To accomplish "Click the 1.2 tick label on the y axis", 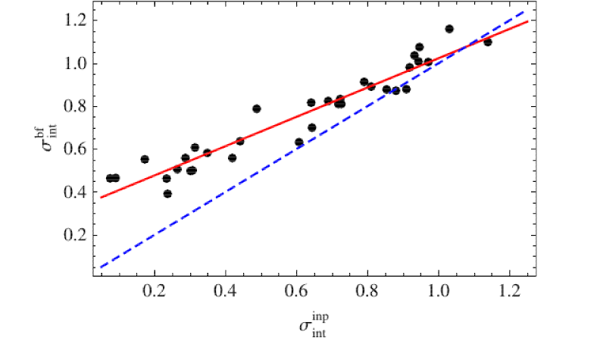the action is (76, 20).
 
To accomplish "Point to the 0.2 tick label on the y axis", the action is (76, 235).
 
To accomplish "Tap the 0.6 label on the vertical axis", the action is (76, 149).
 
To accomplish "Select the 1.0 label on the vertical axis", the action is (76, 64).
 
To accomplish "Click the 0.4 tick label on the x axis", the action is (226, 291).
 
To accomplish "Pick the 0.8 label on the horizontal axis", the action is (367, 291).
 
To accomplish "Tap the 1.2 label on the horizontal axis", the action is (510, 291).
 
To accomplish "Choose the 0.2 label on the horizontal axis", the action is (155, 291).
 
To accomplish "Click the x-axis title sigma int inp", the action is (314, 325).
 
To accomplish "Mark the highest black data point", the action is (449, 29).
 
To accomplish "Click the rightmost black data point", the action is (488, 42).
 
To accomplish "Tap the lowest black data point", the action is (167, 194).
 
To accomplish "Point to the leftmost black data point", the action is (110, 178).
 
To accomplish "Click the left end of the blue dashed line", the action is (101, 268).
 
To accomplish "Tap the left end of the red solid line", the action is (101, 198).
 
